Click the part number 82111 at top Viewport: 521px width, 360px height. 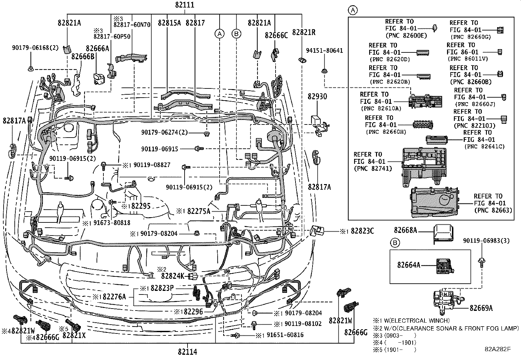185,5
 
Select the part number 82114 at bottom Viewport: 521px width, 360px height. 188,352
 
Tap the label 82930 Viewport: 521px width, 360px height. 317,97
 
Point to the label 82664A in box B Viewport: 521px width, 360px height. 409,265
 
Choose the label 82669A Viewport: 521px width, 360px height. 481,308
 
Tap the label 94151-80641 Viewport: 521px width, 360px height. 324,50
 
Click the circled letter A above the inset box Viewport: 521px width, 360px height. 352,10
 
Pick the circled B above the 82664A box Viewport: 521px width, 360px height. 395,243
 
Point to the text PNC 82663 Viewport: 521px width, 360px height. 493,210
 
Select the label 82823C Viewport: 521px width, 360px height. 362,231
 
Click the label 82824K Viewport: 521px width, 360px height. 172,276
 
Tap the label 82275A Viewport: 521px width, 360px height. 199,211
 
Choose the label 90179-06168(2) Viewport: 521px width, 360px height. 35,48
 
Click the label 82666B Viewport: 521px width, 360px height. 83,56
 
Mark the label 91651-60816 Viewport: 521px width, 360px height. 284,335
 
